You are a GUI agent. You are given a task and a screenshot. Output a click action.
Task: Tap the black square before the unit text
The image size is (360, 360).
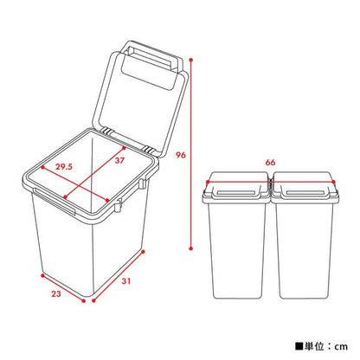pos(299,344)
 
